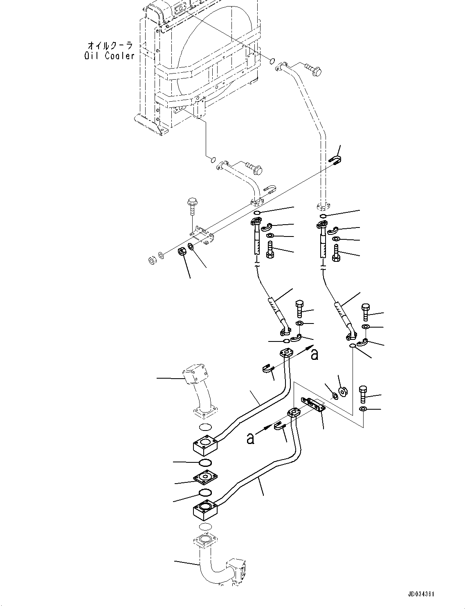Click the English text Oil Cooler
click(110, 56)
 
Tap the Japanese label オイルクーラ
click(110, 46)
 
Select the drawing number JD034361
click(421, 593)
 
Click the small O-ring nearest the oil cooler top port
click(273, 61)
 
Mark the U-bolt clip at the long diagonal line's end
click(336, 161)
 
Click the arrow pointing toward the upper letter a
click(300, 351)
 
